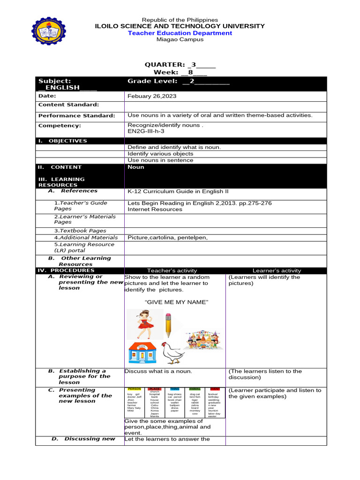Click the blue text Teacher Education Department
pyautogui.click(x=180, y=33)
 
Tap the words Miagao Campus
pyautogui.click(x=180, y=39)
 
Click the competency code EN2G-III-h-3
pyautogui.click(x=148, y=132)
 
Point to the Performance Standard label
pyautogui.click(x=76, y=115)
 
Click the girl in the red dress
pyautogui.click(x=144, y=324)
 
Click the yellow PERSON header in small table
pyautogui.click(x=134, y=389)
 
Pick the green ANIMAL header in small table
pyautogui.click(x=195, y=389)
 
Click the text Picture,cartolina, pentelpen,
pyautogui.click(x=167, y=237)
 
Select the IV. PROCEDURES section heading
pyautogui.click(x=66, y=270)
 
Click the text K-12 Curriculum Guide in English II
pyautogui.click(x=178, y=191)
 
